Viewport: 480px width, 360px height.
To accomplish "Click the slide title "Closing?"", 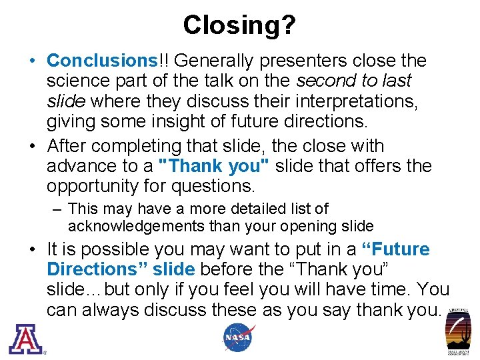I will (239, 25).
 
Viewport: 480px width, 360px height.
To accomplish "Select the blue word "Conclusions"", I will (100, 61).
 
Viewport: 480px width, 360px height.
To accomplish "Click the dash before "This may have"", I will (57, 209).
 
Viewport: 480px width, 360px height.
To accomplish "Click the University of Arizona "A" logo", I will (25, 338).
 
